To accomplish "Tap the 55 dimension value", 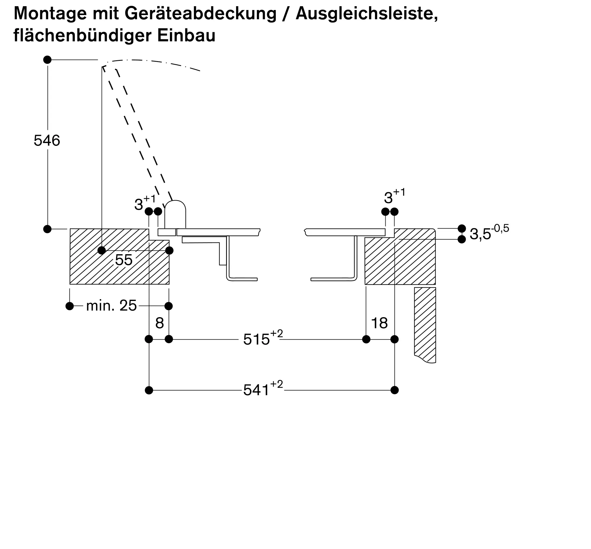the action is [x=124, y=260].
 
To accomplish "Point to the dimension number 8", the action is [x=160, y=323].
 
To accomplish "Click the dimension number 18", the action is [x=379, y=323].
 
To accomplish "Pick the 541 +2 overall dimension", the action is [x=263, y=389].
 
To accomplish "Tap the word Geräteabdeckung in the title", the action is [x=200, y=14].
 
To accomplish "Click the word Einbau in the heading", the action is [x=186, y=35].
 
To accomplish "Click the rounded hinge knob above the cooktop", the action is [x=175, y=214].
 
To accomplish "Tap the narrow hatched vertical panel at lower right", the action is [x=425, y=325].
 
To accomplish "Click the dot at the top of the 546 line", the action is [x=47, y=60].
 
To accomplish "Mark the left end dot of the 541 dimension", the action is [x=149, y=390].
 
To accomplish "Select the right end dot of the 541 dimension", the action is [x=394, y=390].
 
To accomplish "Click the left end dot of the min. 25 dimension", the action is [x=69, y=306].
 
